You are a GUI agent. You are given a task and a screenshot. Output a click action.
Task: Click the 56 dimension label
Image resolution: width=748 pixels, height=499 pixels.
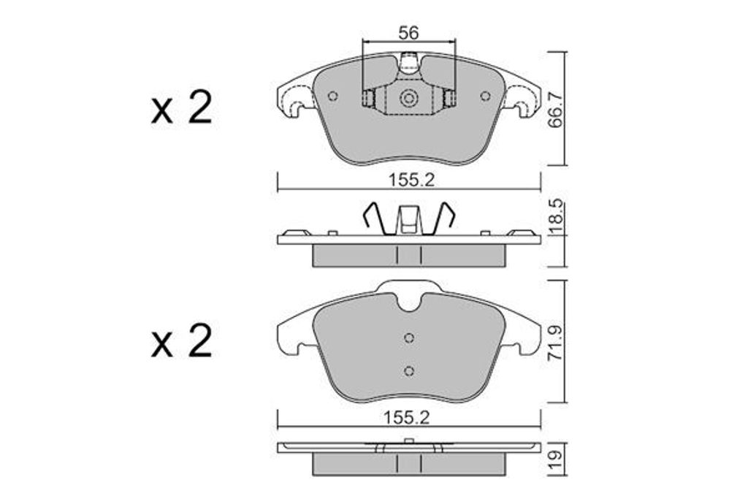408,32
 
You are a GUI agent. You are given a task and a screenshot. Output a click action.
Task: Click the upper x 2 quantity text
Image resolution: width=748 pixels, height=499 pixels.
181,109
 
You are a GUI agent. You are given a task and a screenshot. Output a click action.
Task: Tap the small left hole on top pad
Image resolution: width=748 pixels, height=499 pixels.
333,96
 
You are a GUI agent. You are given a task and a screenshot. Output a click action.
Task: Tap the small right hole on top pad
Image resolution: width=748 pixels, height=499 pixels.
485,96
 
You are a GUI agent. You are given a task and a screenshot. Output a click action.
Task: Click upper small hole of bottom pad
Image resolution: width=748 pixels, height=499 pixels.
409,338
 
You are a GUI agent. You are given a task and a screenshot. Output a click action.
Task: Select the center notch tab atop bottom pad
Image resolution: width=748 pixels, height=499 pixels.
409,296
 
